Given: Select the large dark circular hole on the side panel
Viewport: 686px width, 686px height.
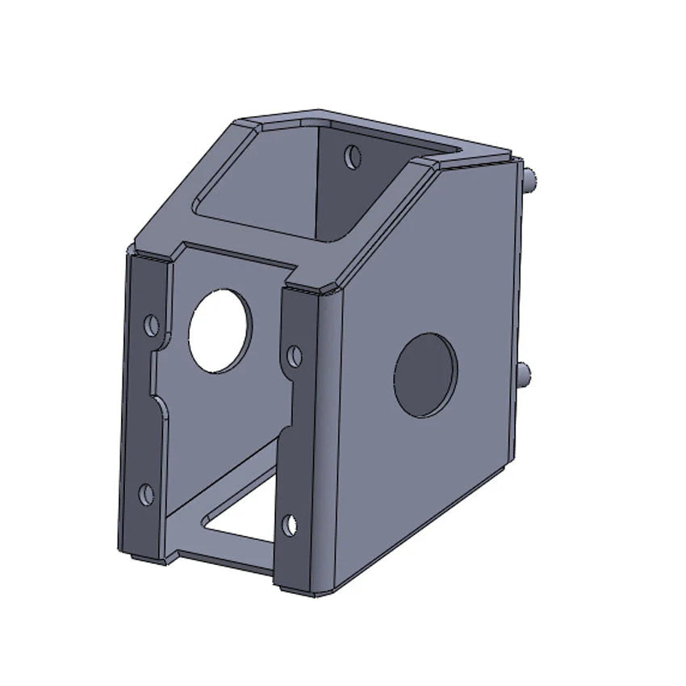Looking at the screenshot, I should pos(425,374).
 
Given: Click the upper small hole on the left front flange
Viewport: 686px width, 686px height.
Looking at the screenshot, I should pos(151,324).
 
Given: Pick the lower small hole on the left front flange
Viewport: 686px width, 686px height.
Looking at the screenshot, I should pos(146,494).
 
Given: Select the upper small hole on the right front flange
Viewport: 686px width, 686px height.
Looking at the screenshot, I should pos(295,354).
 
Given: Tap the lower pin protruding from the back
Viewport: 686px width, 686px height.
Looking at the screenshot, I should pos(525,373).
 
